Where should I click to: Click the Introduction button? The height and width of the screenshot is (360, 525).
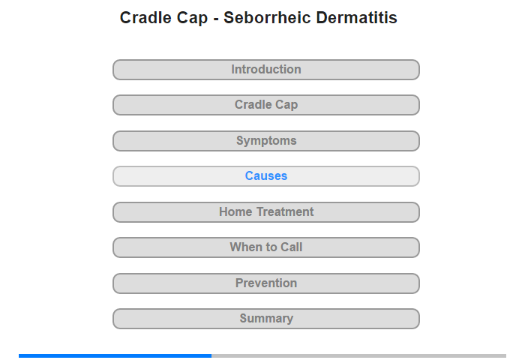click(266, 70)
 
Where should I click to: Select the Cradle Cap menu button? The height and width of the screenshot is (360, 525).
click(266, 105)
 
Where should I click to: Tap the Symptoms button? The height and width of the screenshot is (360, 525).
click(266, 141)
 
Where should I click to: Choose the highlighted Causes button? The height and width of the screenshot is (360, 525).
click(266, 176)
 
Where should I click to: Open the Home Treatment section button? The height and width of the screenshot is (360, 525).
click(266, 212)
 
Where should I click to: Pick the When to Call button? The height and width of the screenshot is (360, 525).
click(266, 247)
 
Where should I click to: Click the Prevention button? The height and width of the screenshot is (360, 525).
click(266, 283)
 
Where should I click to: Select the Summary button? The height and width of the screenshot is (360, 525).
click(266, 319)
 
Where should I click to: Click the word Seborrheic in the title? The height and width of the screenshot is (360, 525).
click(268, 17)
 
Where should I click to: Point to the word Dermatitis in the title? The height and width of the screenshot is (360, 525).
click(356, 17)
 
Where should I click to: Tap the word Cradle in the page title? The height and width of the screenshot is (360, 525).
click(146, 17)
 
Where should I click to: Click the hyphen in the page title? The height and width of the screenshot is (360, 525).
click(216, 19)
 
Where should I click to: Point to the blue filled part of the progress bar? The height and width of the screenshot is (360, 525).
click(115, 355)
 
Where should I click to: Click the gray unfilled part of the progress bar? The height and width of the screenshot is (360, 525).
click(359, 355)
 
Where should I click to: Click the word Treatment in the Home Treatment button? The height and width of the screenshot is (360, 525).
click(285, 211)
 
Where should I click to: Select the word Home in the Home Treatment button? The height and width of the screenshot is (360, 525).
click(235, 211)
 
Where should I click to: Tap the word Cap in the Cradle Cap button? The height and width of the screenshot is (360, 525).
click(286, 105)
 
